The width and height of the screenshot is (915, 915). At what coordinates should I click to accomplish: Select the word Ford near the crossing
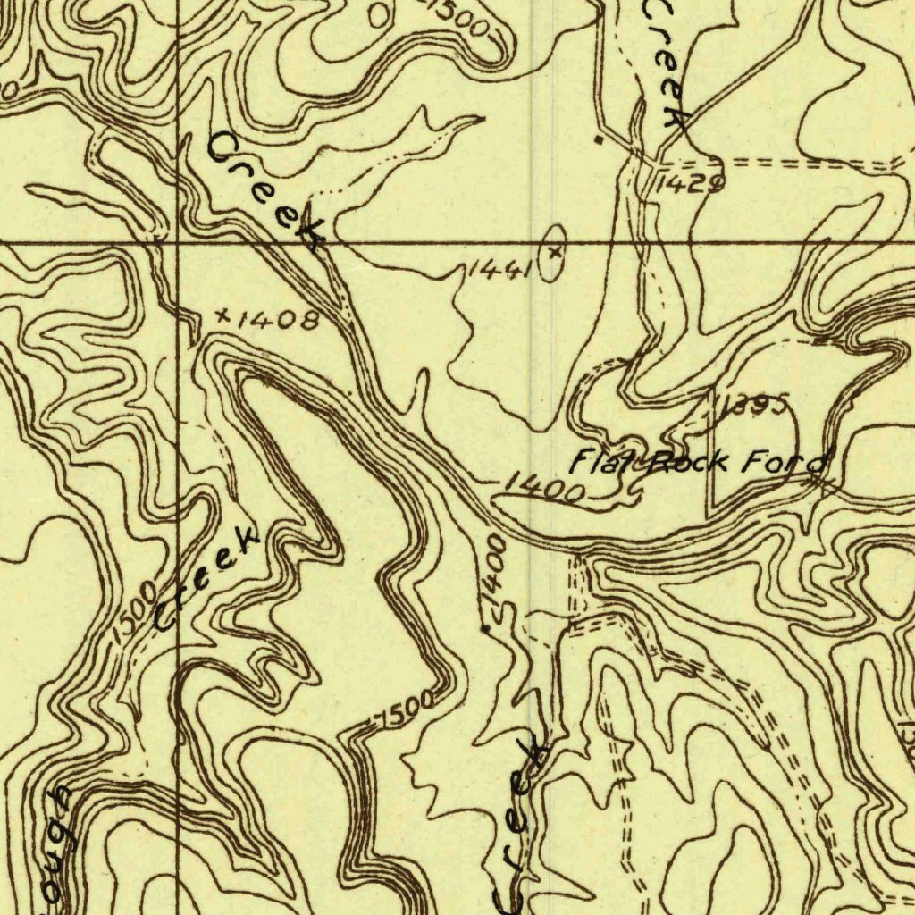[786, 464]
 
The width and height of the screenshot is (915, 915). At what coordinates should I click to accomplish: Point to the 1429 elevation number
[689, 184]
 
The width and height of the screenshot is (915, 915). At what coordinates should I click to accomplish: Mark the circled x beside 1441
[555, 253]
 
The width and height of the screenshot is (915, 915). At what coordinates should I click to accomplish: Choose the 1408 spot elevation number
[279, 319]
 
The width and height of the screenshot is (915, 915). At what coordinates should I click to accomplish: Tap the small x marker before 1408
[222, 315]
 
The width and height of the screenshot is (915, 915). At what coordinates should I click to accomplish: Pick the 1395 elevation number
[755, 407]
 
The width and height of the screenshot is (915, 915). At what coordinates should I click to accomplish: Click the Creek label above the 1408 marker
[266, 189]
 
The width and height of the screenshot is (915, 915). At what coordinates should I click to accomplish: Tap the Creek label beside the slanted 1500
[207, 578]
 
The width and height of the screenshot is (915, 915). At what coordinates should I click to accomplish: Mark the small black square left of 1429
[599, 139]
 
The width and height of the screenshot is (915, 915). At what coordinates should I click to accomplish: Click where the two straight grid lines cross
[177, 242]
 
